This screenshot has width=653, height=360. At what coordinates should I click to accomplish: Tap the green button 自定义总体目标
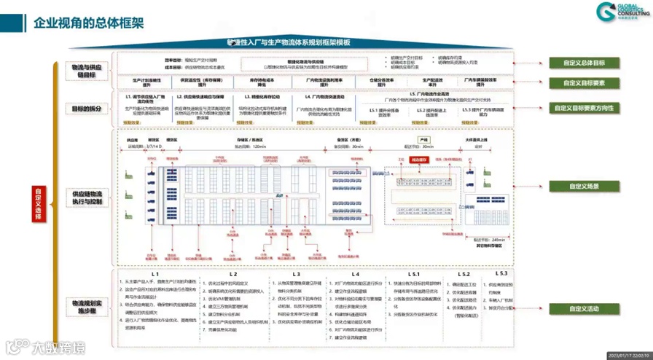(x=583, y=63)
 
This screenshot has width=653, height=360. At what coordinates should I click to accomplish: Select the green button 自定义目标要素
(x=583, y=83)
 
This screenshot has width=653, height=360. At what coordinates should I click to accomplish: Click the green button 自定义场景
(x=583, y=187)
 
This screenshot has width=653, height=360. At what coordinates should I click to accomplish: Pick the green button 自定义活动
(x=583, y=309)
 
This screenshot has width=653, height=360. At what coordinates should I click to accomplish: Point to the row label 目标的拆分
(x=87, y=108)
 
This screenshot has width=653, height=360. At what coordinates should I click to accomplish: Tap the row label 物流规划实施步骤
(x=87, y=306)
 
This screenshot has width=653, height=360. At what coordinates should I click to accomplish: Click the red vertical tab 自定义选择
(x=38, y=204)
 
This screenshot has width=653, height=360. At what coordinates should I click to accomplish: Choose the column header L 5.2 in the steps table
(x=463, y=274)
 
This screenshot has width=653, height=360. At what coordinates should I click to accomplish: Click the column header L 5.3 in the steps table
(x=501, y=273)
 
